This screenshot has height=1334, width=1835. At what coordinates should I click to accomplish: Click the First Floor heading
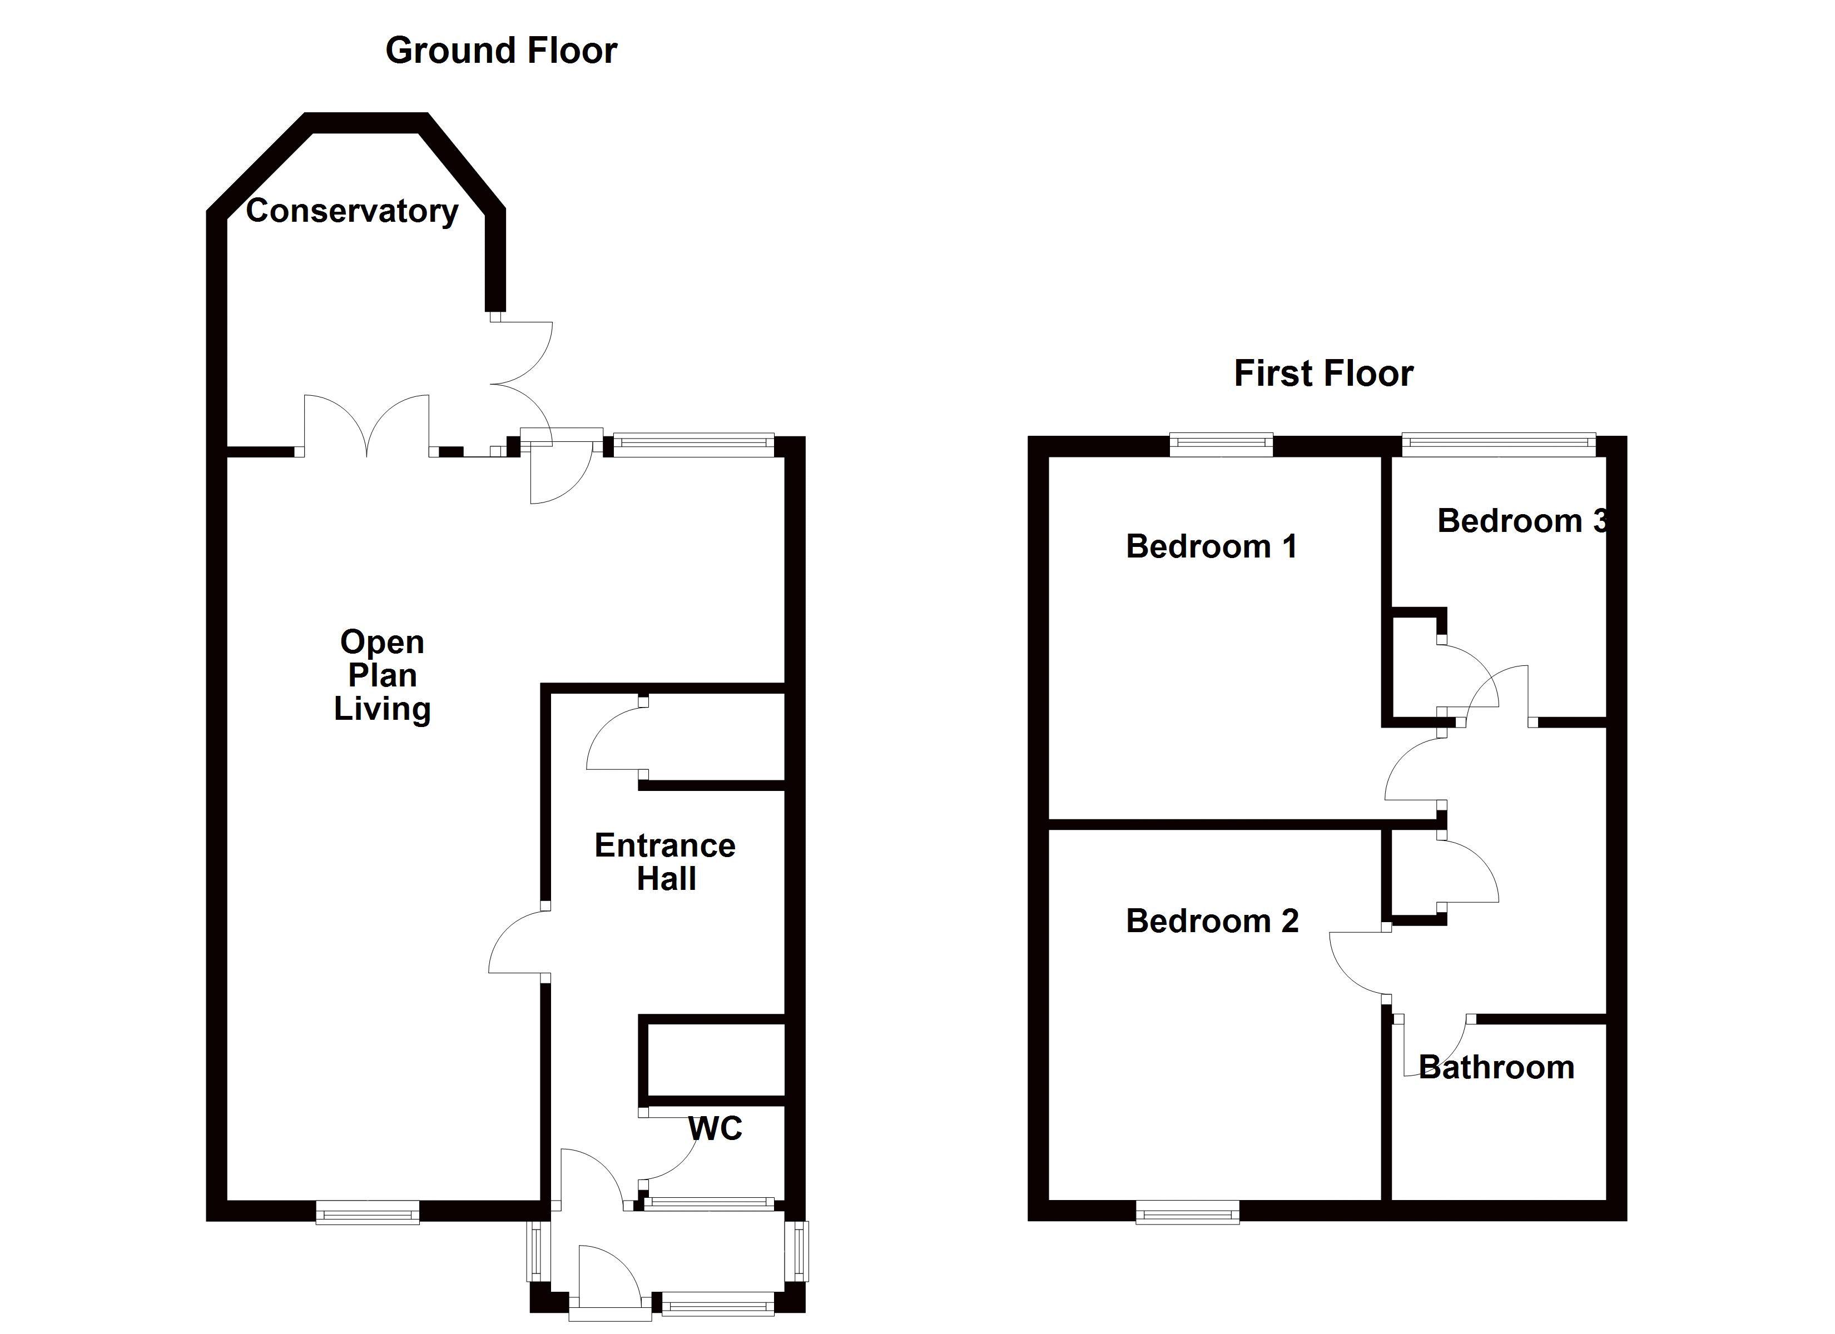click(1323, 374)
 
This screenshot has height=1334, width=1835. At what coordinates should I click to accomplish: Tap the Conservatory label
click(352, 211)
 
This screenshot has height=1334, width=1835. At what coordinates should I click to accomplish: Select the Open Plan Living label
click(382, 675)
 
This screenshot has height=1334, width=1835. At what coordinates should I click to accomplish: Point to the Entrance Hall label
click(665, 862)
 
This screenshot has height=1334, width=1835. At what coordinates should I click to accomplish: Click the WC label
click(715, 1128)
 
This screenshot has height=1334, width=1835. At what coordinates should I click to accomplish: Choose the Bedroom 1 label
click(1211, 547)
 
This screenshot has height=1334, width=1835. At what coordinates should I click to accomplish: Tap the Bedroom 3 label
click(1521, 521)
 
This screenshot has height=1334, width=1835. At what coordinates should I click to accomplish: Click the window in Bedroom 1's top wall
click(1221, 442)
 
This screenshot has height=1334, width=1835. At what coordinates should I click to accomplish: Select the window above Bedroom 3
click(1499, 442)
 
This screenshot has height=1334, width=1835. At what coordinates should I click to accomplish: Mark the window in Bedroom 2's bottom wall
click(1187, 1213)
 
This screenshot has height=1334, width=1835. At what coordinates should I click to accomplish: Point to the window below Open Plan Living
click(368, 1212)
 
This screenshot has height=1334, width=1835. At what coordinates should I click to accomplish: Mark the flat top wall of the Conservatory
click(366, 122)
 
